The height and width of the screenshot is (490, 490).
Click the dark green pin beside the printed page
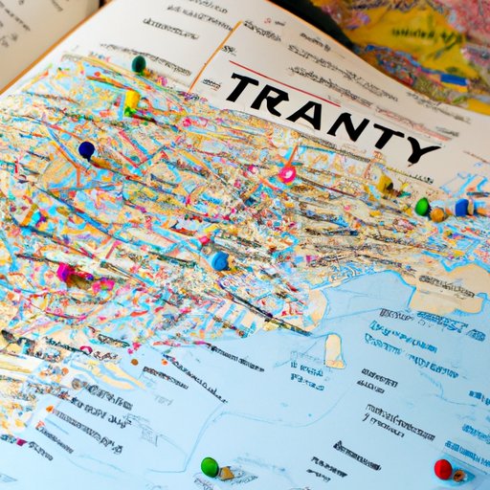click(139, 64)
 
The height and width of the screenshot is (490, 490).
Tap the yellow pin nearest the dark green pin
click(131, 99)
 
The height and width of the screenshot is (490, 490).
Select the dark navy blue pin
click(86, 149)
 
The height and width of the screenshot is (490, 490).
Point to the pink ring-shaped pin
click(287, 174)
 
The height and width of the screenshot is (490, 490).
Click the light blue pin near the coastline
click(220, 260)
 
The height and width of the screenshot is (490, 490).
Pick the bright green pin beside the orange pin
click(422, 207)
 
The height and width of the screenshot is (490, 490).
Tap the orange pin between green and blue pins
click(438, 212)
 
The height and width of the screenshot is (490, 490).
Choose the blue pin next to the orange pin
click(462, 208)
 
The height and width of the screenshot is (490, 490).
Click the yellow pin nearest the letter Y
click(385, 184)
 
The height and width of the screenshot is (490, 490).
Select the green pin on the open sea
click(209, 466)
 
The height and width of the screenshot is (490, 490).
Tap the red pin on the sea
click(442, 468)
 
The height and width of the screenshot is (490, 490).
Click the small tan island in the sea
click(334, 353)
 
